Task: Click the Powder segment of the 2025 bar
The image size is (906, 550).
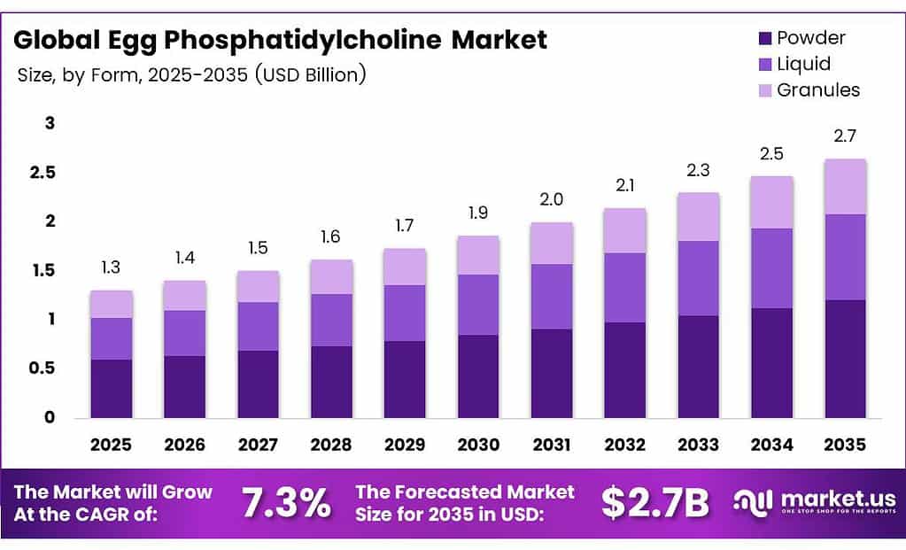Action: (111, 388)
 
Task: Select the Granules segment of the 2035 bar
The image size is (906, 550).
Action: (845, 187)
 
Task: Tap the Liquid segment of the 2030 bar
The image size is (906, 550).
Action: (478, 305)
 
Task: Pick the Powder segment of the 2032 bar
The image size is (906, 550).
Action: (625, 369)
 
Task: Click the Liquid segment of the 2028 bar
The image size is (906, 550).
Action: (331, 320)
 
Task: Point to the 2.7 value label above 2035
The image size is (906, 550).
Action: (845, 136)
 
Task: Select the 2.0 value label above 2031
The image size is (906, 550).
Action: (552, 200)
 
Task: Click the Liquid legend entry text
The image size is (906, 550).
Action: (803, 64)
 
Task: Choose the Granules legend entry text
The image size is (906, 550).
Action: (817, 89)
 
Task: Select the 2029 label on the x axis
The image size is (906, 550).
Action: (405, 443)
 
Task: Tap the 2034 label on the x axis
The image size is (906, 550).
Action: (771, 443)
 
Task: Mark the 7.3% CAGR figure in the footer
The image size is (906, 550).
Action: (287, 502)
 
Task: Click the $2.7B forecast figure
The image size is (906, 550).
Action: (655, 502)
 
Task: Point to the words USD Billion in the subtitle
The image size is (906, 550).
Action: (310, 74)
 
